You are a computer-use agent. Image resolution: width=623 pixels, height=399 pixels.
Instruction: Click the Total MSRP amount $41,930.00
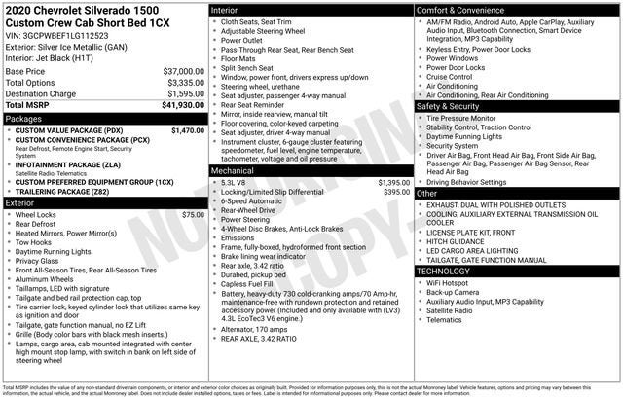[177, 104]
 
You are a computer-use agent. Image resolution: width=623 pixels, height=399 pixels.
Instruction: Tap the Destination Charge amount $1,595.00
[180, 93]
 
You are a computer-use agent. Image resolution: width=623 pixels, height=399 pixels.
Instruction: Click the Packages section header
[23, 118]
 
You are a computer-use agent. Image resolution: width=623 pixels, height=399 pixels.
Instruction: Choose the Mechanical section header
[233, 170]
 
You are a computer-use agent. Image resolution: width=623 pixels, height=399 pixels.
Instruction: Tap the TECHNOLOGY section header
[447, 271]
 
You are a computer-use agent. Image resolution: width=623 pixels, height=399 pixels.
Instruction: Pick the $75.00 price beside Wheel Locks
[193, 214]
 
